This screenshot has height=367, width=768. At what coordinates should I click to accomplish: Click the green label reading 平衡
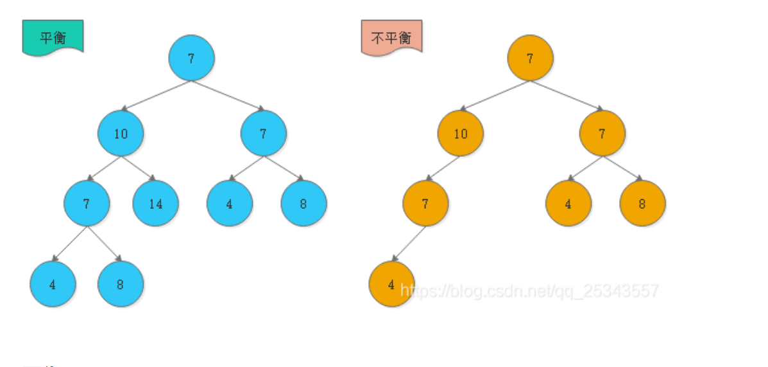click(53, 37)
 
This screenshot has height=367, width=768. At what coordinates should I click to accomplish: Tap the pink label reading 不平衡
click(391, 37)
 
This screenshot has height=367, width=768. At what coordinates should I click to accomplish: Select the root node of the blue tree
click(191, 58)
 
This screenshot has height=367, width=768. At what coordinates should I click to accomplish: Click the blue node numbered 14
click(155, 204)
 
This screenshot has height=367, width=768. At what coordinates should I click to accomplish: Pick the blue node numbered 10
click(121, 134)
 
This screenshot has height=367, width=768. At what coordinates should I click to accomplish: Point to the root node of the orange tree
click(530, 58)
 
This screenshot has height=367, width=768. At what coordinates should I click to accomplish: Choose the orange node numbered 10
click(461, 134)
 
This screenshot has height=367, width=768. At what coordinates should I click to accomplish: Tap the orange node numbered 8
click(642, 204)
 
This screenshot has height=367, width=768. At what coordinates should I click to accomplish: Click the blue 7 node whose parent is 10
click(87, 204)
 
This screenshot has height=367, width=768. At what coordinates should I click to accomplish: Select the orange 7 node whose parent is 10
click(425, 204)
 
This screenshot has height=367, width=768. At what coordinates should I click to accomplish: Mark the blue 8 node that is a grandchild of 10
click(121, 284)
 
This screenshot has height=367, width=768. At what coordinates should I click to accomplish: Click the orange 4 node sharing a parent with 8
click(568, 204)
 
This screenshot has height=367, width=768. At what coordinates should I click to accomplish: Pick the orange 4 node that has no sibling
click(391, 284)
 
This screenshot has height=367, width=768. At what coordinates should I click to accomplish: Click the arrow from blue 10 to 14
click(139, 169)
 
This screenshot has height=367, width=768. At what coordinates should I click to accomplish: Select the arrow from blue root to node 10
click(156, 96)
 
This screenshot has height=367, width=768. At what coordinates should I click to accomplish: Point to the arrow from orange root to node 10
click(495, 96)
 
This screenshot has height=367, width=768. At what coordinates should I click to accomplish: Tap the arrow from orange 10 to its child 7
click(443, 169)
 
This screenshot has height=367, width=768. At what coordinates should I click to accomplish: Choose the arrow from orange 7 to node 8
click(623, 169)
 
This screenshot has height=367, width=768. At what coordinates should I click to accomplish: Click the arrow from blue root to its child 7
click(228, 96)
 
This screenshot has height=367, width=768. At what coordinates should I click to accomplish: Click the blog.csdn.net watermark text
click(529, 291)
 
